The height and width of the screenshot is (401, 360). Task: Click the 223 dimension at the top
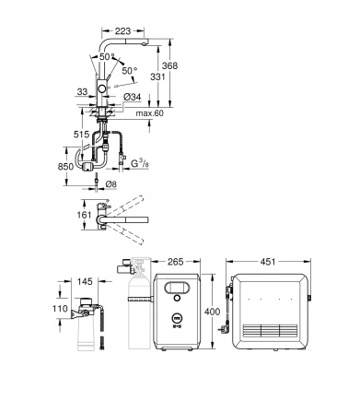(x=122, y=30)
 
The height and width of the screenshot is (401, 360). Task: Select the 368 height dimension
(x=169, y=65)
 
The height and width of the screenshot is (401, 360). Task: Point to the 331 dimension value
(x=157, y=77)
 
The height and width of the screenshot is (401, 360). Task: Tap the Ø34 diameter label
(x=133, y=97)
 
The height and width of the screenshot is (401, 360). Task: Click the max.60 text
(x=150, y=113)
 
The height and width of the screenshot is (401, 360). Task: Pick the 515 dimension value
(x=82, y=135)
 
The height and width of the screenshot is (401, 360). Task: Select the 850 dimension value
(x=65, y=166)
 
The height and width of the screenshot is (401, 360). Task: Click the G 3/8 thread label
(x=140, y=163)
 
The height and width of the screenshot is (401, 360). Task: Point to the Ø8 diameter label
(x=110, y=184)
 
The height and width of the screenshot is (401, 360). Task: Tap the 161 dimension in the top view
(x=84, y=215)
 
